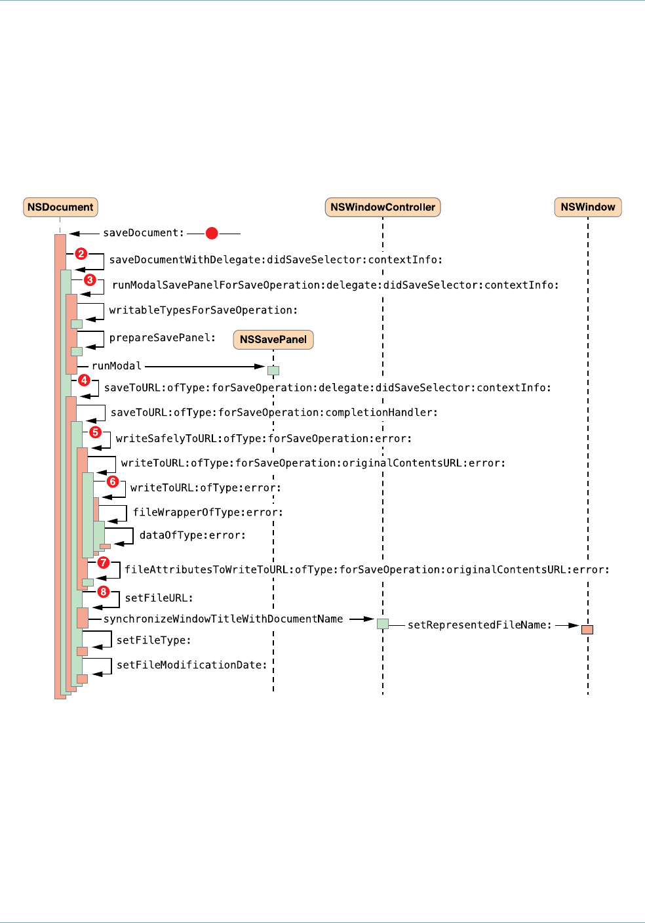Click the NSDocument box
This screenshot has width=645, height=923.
click(60, 207)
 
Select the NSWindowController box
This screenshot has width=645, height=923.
click(383, 207)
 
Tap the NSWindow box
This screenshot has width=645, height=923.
click(587, 207)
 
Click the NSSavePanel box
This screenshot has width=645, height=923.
click(273, 339)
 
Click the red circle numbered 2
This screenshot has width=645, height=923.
click(81, 254)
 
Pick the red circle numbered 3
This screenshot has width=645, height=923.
click(90, 280)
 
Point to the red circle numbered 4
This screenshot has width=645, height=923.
click(84, 380)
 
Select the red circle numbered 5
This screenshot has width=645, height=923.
click(96, 432)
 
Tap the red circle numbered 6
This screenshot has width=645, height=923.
click(113, 482)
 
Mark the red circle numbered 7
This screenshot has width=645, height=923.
click(103, 563)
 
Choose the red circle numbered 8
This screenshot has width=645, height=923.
click(104, 592)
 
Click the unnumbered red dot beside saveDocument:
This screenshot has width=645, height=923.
click(212, 233)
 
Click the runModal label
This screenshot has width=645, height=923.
click(117, 366)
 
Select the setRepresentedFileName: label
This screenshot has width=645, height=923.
click(479, 625)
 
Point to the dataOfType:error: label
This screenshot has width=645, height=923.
click(193, 535)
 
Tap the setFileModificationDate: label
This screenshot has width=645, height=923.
click(192, 665)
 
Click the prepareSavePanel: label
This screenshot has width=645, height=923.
click(163, 338)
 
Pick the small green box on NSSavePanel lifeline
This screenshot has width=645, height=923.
click(273, 371)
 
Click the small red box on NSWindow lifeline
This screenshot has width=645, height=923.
click(587, 630)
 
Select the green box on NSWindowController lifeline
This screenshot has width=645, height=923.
click(383, 624)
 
